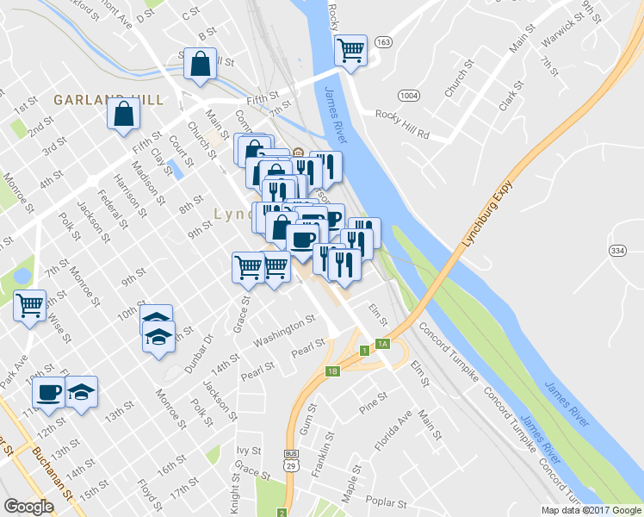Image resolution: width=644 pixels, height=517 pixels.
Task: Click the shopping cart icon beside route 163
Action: [x=350, y=50]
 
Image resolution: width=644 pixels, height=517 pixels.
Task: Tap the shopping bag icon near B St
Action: [x=200, y=64]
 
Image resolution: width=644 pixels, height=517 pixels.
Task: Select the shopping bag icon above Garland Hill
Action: [x=124, y=113]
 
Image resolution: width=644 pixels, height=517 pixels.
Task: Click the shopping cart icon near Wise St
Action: [x=30, y=304]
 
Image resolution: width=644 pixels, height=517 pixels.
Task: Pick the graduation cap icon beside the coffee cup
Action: [x=81, y=392]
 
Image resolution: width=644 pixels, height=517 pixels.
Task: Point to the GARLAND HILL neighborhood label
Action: [x=108, y=100]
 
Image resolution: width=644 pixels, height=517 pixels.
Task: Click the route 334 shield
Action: [x=616, y=250]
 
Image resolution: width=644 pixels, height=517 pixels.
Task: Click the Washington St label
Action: [x=285, y=336]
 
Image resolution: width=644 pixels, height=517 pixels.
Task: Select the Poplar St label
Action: [x=385, y=502]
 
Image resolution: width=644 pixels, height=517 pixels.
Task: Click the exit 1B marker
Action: [x=333, y=371]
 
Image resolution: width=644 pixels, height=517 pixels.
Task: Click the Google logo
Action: [x=28, y=507]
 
